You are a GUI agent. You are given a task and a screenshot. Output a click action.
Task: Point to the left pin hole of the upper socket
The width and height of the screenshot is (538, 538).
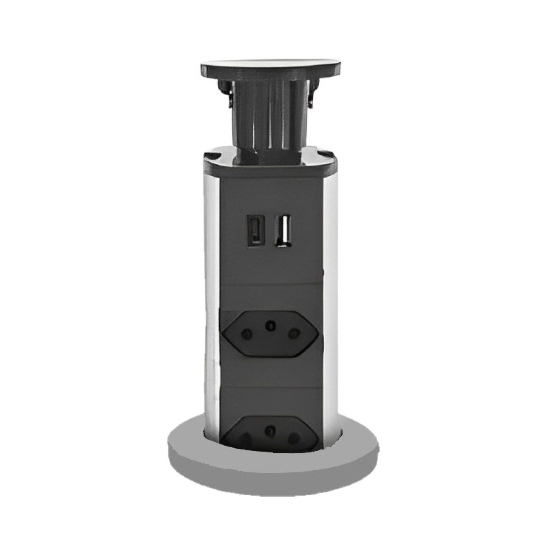click(x=247, y=335)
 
